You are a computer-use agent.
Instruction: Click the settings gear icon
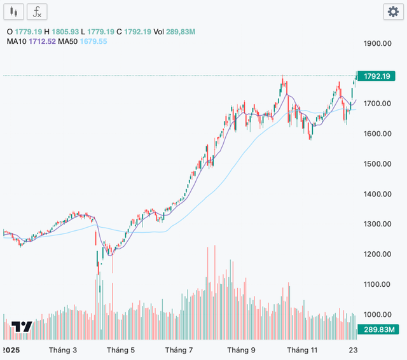[391, 11]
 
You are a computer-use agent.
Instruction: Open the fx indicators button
[38, 11]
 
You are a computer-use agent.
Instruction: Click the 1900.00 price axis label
[377, 43]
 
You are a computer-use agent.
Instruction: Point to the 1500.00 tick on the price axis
[377, 163]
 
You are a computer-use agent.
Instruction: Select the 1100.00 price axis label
[377, 284]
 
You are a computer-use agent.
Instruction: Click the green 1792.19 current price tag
[376, 76]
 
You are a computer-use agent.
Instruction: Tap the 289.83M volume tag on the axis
[377, 329]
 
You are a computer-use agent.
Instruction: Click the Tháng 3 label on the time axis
[63, 350]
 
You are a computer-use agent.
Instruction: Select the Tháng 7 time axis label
[179, 350]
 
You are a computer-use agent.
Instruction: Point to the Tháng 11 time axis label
[301, 350]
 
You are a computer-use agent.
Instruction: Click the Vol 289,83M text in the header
[174, 31]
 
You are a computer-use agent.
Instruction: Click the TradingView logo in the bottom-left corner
[22, 327]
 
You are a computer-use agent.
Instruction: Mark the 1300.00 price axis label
[377, 224]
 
